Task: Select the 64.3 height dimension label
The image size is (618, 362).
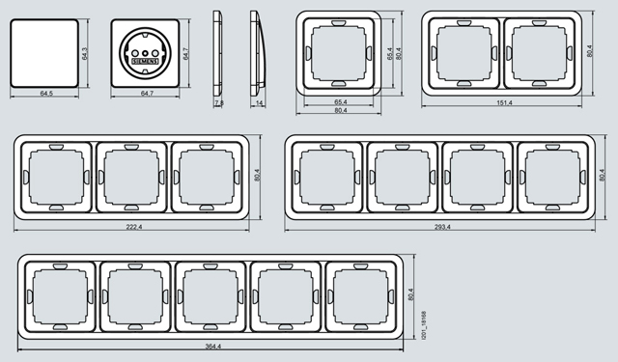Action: [x=85, y=53]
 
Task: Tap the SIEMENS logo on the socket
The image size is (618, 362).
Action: [x=145, y=62]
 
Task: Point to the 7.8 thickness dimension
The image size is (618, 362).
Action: [x=219, y=103]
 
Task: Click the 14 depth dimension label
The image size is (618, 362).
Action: [x=259, y=103]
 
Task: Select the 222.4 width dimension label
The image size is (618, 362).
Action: [x=134, y=227]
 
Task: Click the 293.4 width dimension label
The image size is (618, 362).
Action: [x=442, y=227]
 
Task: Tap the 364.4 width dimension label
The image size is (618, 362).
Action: [x=212, y=347]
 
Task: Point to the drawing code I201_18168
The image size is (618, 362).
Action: [x=424, y=325]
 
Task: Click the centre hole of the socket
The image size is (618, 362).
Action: [x=145, y=53]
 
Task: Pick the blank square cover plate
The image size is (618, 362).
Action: [x=44, y=53]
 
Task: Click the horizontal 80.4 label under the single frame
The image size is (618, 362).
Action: [x=341, y=111]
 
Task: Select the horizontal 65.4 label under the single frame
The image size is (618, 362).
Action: [x=341, y=102]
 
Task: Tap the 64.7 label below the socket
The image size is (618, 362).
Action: [x=147, y=94]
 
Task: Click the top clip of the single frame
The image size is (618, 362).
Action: [x=339, y=23]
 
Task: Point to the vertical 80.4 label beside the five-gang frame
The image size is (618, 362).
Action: [x=411, y=294]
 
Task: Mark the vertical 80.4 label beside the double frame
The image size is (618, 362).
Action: [x=590, y=51]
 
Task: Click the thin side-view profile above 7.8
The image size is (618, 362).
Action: [x=217, y=53]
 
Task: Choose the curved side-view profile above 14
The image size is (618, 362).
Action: [x=257, y=53]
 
